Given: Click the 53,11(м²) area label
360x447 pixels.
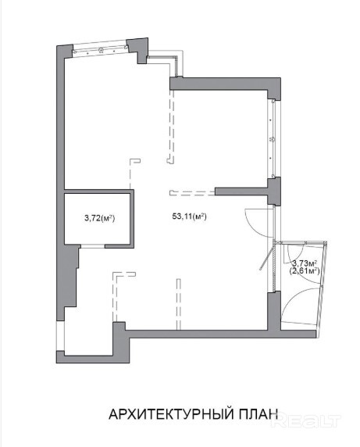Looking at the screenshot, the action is click(189, 216).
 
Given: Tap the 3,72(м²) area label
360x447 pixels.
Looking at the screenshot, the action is click(99, 218).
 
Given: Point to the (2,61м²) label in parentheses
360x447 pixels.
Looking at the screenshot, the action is click(305, 270).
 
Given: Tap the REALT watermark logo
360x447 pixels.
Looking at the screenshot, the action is click(306, 421).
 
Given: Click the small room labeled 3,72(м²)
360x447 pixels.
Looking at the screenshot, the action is click(98, 219).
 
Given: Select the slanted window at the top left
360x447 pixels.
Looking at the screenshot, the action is click(100, 51).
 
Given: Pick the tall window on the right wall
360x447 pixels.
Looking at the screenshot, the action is click(273, 138).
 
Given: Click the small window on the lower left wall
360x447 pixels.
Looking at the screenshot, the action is click(60, 336).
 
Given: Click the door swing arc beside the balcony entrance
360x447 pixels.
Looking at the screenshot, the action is click(257, 223).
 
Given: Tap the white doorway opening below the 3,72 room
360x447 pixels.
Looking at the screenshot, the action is click(93, 246).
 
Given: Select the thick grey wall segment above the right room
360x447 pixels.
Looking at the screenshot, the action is click(225, 84).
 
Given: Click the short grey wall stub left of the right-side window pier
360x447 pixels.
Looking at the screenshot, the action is click(241, 191).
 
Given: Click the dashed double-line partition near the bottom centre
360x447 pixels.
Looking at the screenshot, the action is click(179, 304).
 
